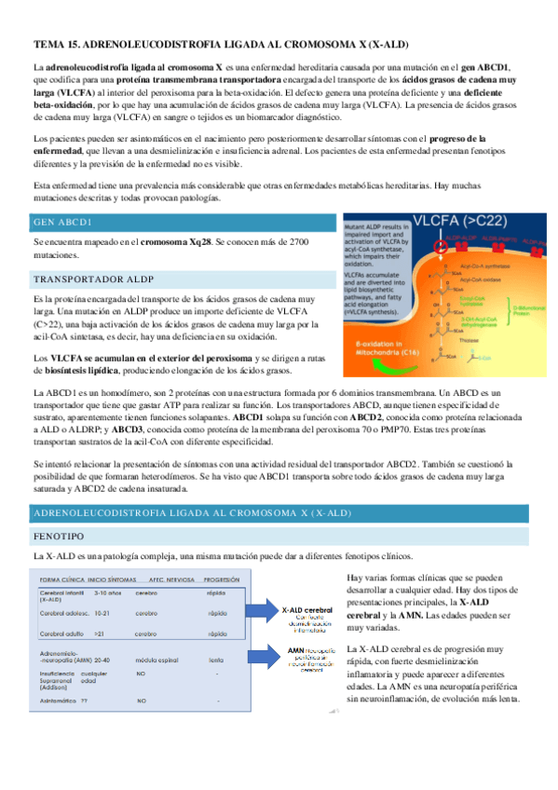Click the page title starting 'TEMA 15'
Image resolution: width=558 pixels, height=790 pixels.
pyautogui.click(x=221, y=44)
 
